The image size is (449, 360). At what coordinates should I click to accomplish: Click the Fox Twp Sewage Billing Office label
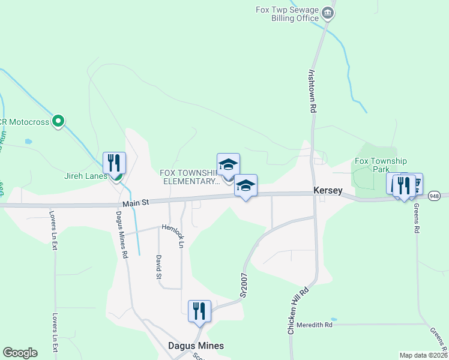click(287, 14)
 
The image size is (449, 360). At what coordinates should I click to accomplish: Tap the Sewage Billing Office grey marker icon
click(327, 13)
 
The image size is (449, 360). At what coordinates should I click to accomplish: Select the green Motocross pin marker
click(58, 122)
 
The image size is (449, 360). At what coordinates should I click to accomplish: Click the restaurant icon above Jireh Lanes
click(114, 163)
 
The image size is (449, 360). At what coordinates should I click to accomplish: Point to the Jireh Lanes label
click(86, 176)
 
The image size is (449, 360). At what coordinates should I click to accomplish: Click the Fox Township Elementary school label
click(189, 177)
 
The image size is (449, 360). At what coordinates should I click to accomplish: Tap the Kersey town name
click(328, 191)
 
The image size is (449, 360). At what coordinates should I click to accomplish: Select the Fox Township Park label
click(381, 165)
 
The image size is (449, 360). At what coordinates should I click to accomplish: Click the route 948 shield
click(436, 196)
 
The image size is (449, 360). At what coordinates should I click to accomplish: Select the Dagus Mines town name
click(195, 346)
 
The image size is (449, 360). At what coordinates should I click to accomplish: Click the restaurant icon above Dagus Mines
click(199, 311)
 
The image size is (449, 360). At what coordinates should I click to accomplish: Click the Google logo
click(20, 353)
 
